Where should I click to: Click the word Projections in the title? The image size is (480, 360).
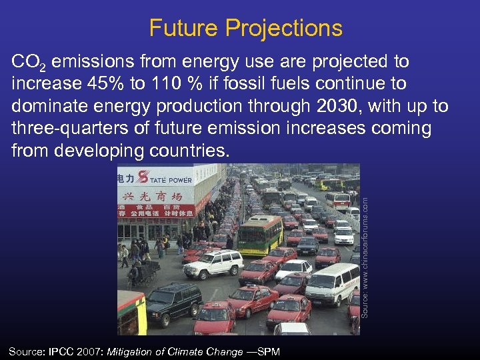pos(284,28)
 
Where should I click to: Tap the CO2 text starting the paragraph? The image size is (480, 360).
pos(29,63)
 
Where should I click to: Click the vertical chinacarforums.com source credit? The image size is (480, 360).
pos(365,250)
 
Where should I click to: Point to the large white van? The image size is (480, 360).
pos(331,283)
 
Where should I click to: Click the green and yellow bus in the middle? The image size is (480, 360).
pos(259,233)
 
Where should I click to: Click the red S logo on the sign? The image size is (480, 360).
pos(142,177)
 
